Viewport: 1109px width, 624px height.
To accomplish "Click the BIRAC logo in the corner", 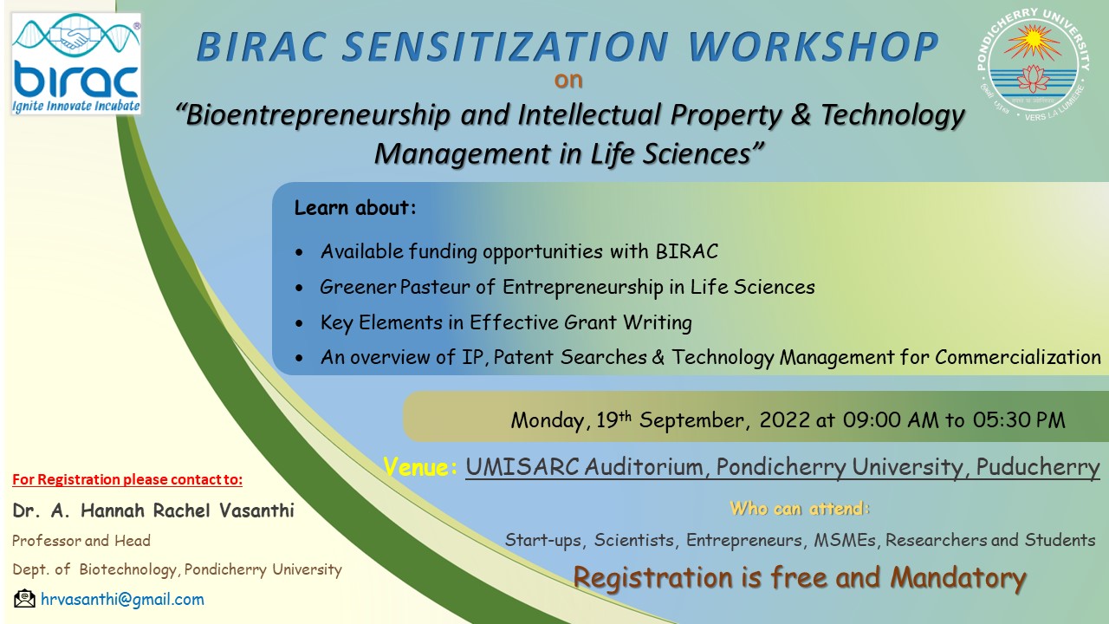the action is (76, 64).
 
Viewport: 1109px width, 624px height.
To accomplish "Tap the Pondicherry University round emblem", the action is (1034, 64).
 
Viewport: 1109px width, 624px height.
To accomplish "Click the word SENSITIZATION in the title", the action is (505, 47).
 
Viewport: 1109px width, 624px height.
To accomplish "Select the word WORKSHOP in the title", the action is (813, 47).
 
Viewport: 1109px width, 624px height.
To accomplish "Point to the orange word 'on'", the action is (568, 81).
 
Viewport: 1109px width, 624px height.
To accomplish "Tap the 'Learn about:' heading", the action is (355, 207).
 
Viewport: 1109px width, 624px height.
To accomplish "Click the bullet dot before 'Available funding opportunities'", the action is (299, 253).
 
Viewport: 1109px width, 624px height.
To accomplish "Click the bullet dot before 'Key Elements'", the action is (299, 324).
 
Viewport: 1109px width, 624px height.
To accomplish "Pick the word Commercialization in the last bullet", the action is (1018, 357).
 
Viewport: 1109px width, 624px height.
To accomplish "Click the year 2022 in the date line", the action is (784, 420).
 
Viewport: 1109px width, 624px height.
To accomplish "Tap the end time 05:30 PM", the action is (1019, 420).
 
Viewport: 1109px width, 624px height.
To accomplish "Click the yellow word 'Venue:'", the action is (420, 467).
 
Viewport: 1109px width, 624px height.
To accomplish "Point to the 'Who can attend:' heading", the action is (800, 509).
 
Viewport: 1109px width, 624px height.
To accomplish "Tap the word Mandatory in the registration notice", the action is (958, 578).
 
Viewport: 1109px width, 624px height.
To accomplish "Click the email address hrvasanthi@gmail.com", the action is (122, 600).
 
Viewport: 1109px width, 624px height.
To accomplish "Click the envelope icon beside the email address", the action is (25, 599).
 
